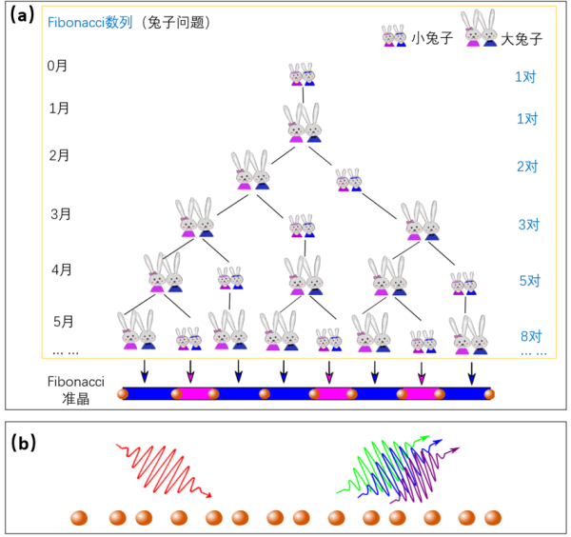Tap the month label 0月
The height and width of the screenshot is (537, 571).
coord(58,67)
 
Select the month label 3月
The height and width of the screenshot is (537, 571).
coord(60,214)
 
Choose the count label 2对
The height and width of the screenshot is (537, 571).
coord(527,166)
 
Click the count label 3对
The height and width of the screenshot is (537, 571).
coord(528,226)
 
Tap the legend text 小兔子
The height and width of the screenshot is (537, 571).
coord(425,39)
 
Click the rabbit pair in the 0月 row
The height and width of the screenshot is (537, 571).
coord(304,75)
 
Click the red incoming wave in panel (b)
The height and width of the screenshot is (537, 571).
coord(163,467)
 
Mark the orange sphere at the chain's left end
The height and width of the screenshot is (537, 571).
coord(123,392)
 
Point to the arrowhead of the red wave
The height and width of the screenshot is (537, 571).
coord(207,495)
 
